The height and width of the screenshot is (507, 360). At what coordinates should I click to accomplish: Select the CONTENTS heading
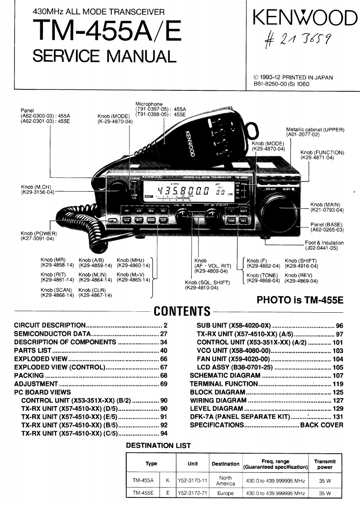tap(182, 311)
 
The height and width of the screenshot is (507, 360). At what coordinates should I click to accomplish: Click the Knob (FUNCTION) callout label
tap(322, 155)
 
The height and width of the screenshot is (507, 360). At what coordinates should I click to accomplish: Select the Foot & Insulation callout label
tap(324, 245)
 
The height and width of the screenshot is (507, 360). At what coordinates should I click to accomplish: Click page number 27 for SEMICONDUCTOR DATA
tap(164, 334)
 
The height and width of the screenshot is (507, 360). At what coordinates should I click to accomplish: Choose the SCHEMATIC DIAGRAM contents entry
tap(225, 375)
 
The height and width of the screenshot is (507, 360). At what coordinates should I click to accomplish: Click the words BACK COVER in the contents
tap(322, 425)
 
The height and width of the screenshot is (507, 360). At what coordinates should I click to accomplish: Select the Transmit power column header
tap(325, 464)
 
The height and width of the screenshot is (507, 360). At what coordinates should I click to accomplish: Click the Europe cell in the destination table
tap(225, 493)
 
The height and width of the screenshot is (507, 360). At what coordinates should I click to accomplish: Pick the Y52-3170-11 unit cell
tap(192, 480)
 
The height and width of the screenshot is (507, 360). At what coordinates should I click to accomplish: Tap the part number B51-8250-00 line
tap(281, 84)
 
